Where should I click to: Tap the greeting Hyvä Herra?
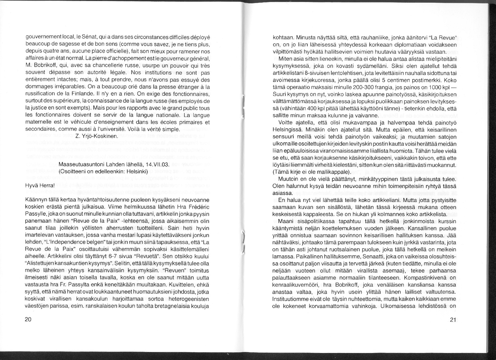(x=40, y=186)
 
